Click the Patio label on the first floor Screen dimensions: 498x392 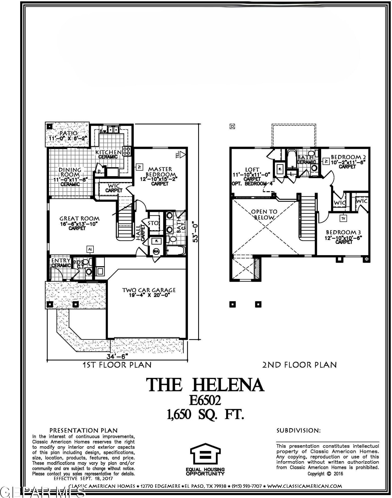pos(68,133)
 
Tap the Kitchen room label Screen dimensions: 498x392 pos(108,152)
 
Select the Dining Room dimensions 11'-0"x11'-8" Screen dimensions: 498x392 pos(71,179)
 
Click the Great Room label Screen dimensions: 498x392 pos(79,219)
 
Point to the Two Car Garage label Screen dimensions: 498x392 pos(149,290)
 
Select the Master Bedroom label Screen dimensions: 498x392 pos(160,172)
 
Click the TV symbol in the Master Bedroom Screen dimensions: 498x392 pos(139,167)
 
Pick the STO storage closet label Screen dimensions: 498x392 pos(153,223)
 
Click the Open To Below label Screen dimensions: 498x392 pos(264,214)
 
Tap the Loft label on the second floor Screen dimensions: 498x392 pos(252,170)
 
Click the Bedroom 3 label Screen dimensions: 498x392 pos(343,232)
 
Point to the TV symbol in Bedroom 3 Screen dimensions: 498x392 pos(343,218)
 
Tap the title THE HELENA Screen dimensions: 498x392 pos(205,385)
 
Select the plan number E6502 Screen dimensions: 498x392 pos(205,400)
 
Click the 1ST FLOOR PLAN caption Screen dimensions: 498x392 pos(117,365)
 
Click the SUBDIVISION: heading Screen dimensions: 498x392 pos(298,431)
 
